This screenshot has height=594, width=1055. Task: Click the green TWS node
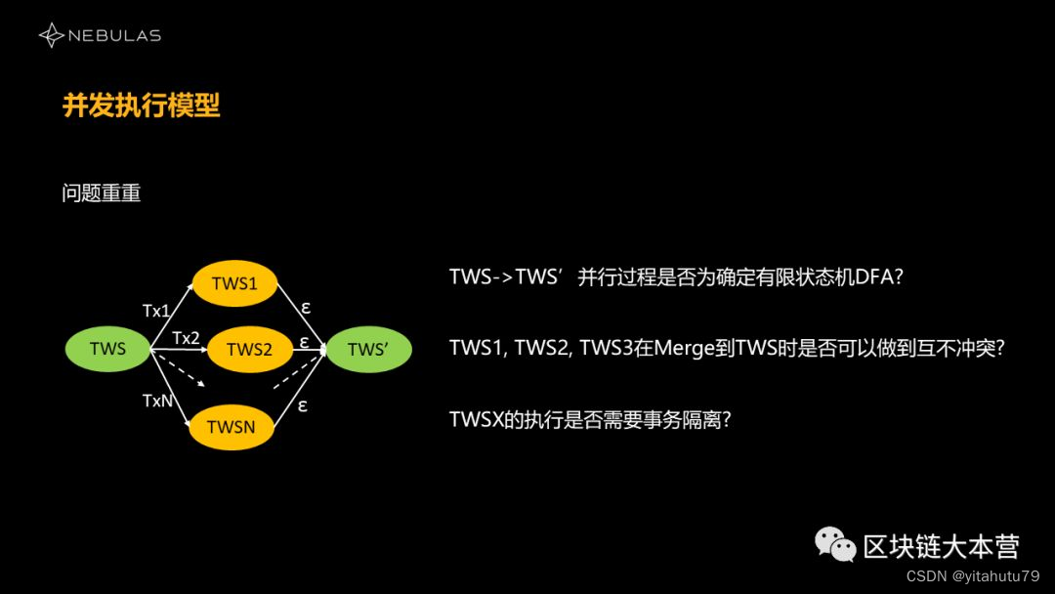pos(107,349)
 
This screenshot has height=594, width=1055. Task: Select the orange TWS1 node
pos(234,283)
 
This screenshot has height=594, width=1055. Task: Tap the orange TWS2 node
pos(249,349)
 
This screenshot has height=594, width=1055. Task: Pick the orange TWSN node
pos(231,427)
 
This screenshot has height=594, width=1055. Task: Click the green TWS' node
pos(368,349)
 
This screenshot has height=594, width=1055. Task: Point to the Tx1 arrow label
pos(156,311)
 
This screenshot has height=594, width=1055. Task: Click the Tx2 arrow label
pos(186,338)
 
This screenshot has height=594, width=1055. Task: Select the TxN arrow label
pos(157,401)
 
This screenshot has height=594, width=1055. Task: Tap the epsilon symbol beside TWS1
pos(306,307)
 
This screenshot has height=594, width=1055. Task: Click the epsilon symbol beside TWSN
pos(303,404)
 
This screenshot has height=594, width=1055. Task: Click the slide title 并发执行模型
pos(142,106)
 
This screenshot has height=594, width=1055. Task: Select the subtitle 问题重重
pos(102,193)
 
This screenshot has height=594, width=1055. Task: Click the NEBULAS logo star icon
pos(51,36)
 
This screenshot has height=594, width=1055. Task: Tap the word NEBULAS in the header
pos(115,36)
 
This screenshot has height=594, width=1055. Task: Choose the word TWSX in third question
pos(475,419)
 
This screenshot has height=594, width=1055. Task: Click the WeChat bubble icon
pos(836,544)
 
